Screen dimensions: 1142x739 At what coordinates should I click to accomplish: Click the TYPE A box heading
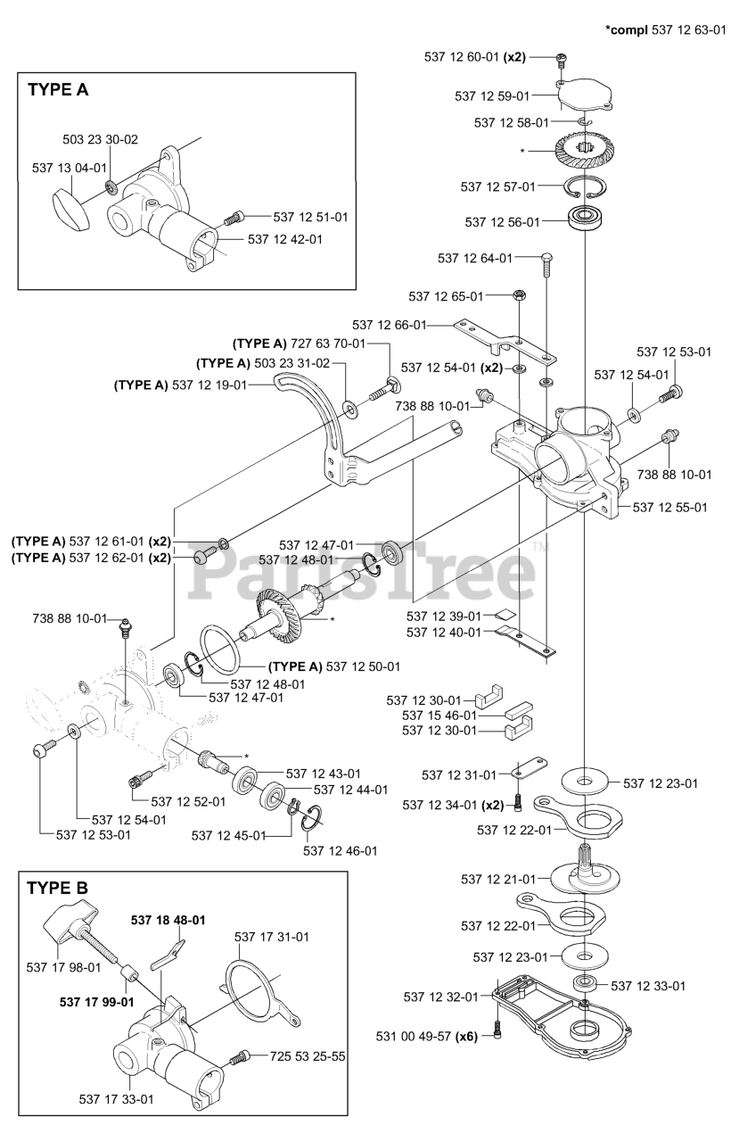click(x=58, y=89)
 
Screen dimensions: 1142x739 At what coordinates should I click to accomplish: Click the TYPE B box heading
click(x=58, y=888)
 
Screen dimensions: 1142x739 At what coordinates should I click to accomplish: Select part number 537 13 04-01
click(x=70, y=167)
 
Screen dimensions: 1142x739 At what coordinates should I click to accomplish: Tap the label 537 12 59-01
click(x=492, y=95)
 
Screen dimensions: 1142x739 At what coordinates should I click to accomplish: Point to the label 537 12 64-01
click(x=475, y=258)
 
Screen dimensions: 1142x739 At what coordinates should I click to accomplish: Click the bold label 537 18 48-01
click(x=168, y=920)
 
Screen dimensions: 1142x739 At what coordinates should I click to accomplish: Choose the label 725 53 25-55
click(x=308, y=1056)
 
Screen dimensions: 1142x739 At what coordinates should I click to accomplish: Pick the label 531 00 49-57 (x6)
click(x=427, y=1037)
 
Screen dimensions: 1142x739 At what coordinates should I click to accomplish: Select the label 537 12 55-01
click(x=670, y=507)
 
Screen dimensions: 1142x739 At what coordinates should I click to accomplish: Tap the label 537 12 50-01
click(x=363, y=666)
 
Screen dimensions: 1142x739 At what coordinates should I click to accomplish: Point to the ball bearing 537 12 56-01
click(x=585, y=219)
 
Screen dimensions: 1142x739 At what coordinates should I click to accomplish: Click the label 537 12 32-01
click(x=441, y=997)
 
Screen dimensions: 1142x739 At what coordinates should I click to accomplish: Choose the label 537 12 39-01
click(x=444, y=616)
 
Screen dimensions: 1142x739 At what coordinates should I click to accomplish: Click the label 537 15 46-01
click(x=439, y=715)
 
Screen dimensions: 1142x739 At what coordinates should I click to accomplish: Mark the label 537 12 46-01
click(x=340, y=850)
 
